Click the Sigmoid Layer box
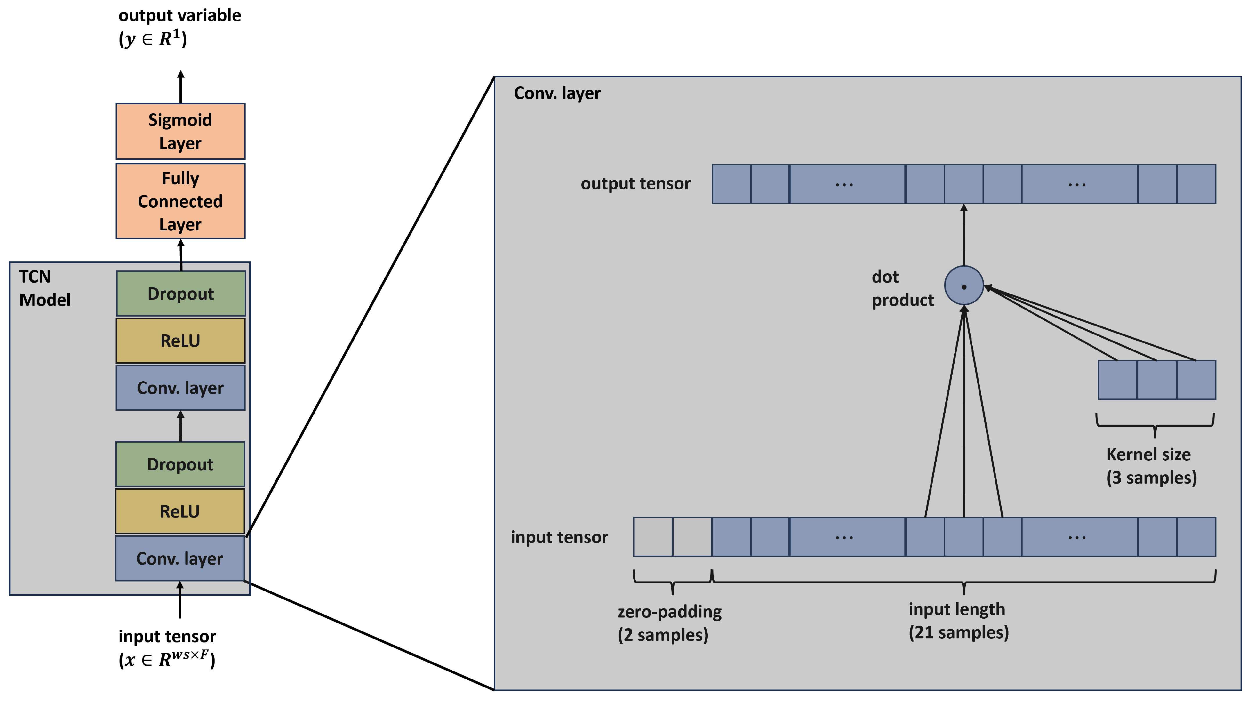pyautogui.click(x=180, y=131)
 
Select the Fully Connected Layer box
pyautogui.click(x=180, y=201)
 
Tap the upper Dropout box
pyautogui.click(x=181, y=293)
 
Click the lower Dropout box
pyautogui.click(x=180, y=464)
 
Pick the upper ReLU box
pyautogui.click(x=180, y=341)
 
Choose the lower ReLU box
pyautogui.click(x=180, y=511)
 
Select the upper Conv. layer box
pyautogui.click(x=180, y=388)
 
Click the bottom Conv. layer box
pyautogui.click(x=180, y=558)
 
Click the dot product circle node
pyautogui.click(x=964, y=286)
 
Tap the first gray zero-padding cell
pyautogui.click(x=653, y=537)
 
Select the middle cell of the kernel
pyautogui.click(x=1156, y=380)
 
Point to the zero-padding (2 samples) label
pyautogui.click(x=669, y=623)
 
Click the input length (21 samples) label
pyautogui.click(x=958, y=620)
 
